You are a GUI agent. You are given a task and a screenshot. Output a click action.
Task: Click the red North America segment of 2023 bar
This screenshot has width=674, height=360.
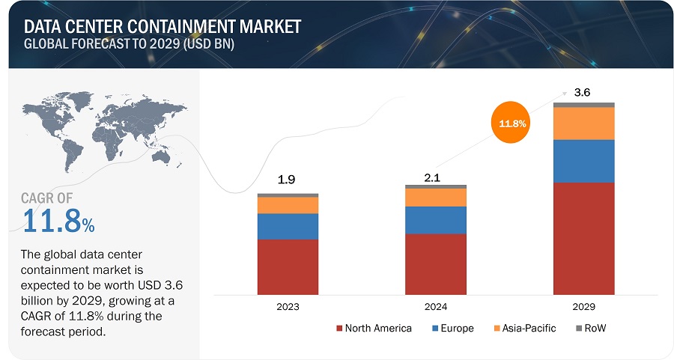tap(288, 266)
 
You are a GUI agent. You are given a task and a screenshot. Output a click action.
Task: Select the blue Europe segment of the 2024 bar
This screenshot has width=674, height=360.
tap(435, 220)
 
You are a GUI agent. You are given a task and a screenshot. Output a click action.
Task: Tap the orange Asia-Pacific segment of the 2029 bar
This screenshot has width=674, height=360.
tap(583, 123)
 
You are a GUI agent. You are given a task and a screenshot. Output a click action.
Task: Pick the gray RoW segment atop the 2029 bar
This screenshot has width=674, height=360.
tap(583, 105)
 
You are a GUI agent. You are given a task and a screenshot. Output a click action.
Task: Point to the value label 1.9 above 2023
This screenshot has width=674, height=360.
tap(288, 180)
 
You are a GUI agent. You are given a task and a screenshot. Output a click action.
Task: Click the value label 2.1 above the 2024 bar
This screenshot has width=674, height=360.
tap(435, 171)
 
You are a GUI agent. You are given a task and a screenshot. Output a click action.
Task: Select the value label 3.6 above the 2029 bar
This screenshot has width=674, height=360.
tap(582, 93)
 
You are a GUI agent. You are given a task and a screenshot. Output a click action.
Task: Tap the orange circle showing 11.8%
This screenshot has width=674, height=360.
tap(514, 123)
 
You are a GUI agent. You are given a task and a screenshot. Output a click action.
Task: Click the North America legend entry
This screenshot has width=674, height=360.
tap(374, 329)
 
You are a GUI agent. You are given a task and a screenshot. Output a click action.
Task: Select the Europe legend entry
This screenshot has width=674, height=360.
tap(452, 329)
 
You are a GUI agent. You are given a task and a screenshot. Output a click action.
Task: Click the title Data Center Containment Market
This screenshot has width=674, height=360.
tap(160, 26)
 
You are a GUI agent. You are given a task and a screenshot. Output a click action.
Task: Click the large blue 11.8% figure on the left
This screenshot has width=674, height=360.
tap(58, 222)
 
